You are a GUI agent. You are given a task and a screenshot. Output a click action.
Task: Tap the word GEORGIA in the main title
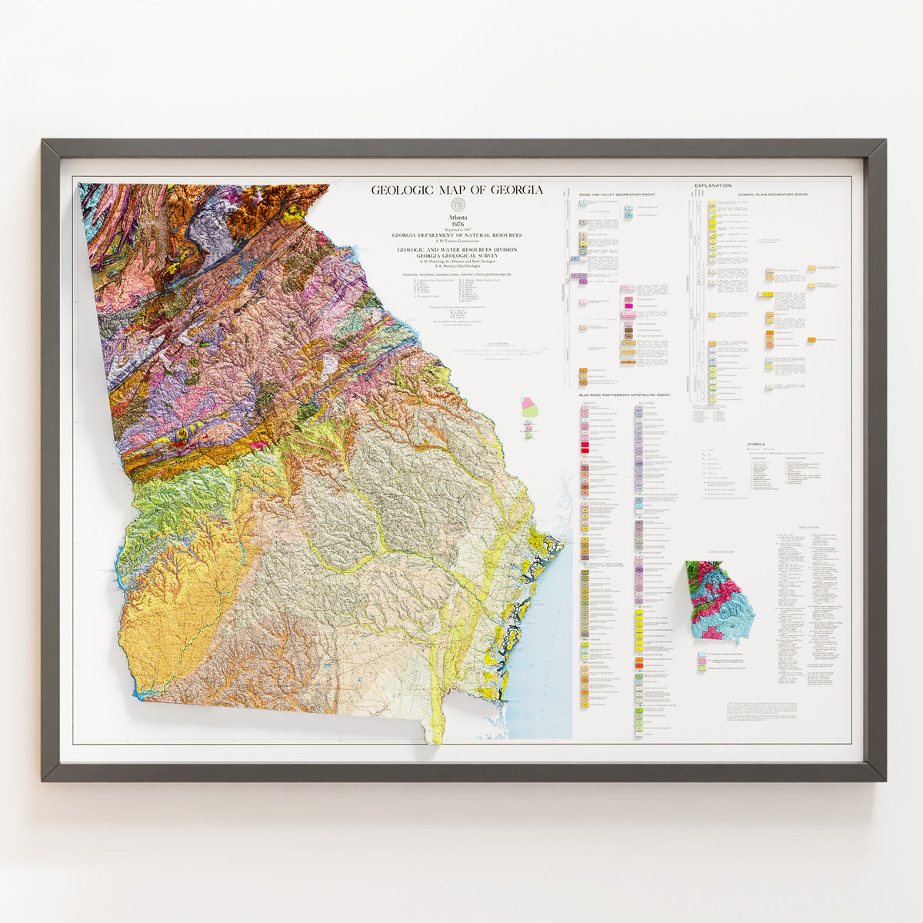[x=516, y=190]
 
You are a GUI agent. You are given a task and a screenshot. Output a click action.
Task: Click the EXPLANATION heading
[x=713, y=185]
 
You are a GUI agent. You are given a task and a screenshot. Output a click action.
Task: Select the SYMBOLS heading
[x=756, y=445]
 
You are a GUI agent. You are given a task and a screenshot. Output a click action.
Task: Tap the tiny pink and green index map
[x=529, y=416]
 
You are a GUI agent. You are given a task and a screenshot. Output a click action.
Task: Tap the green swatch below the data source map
[x=702, y=669]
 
